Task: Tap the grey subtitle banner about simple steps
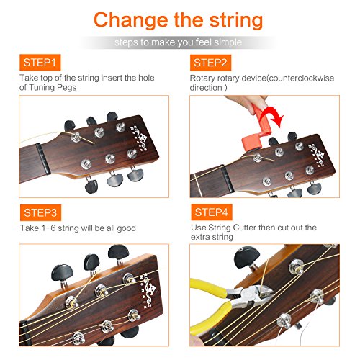coord(179,42)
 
